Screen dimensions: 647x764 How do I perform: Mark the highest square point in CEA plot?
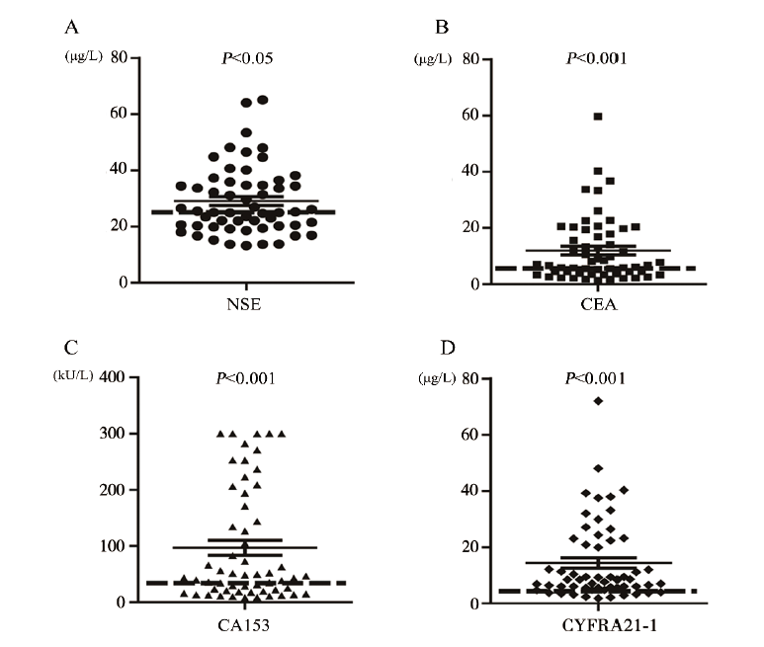click(x=598, y=117)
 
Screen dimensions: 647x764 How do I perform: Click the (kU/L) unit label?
click(x=74, y=375)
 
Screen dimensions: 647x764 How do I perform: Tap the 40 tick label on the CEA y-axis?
click(x=471, y=171)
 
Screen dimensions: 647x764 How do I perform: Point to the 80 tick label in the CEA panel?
click(x=471, y=58)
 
